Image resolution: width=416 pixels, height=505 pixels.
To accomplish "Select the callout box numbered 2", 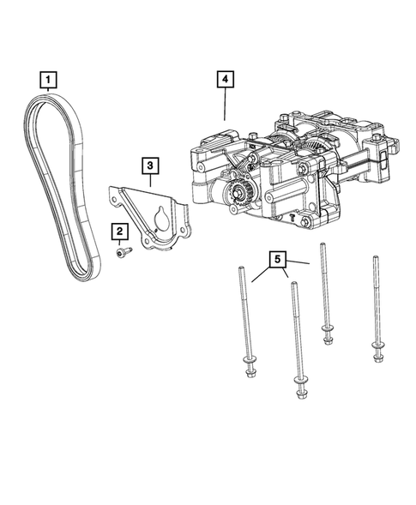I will click(x=118, y=231).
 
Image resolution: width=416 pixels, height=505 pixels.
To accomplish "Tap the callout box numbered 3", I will click(x=149, y=164).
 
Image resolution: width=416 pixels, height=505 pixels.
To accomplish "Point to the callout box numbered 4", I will click(x=224, y=81).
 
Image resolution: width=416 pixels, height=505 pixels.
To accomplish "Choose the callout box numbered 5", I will click(x=277, y=256).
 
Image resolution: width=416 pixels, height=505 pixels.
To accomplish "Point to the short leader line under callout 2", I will click(x=118, y=242).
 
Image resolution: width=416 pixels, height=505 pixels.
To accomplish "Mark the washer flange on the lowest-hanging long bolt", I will click(x=301, y=382).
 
